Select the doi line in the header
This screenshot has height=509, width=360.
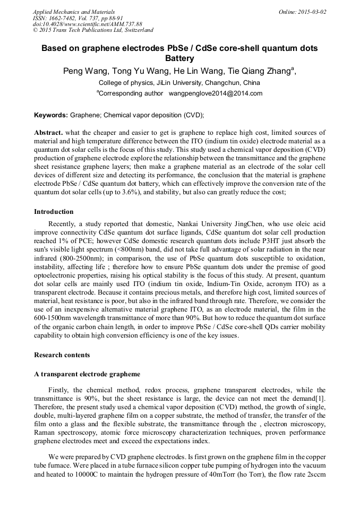coord(88,24)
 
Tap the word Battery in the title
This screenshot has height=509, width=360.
coord(179,58)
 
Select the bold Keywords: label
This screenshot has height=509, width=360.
coord(51,115)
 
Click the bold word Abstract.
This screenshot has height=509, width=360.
coord(48,132)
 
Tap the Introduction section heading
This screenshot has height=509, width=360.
coord(54,212)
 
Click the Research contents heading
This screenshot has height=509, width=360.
coord(62,355)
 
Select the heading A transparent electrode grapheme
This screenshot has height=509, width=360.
coord(87,374)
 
